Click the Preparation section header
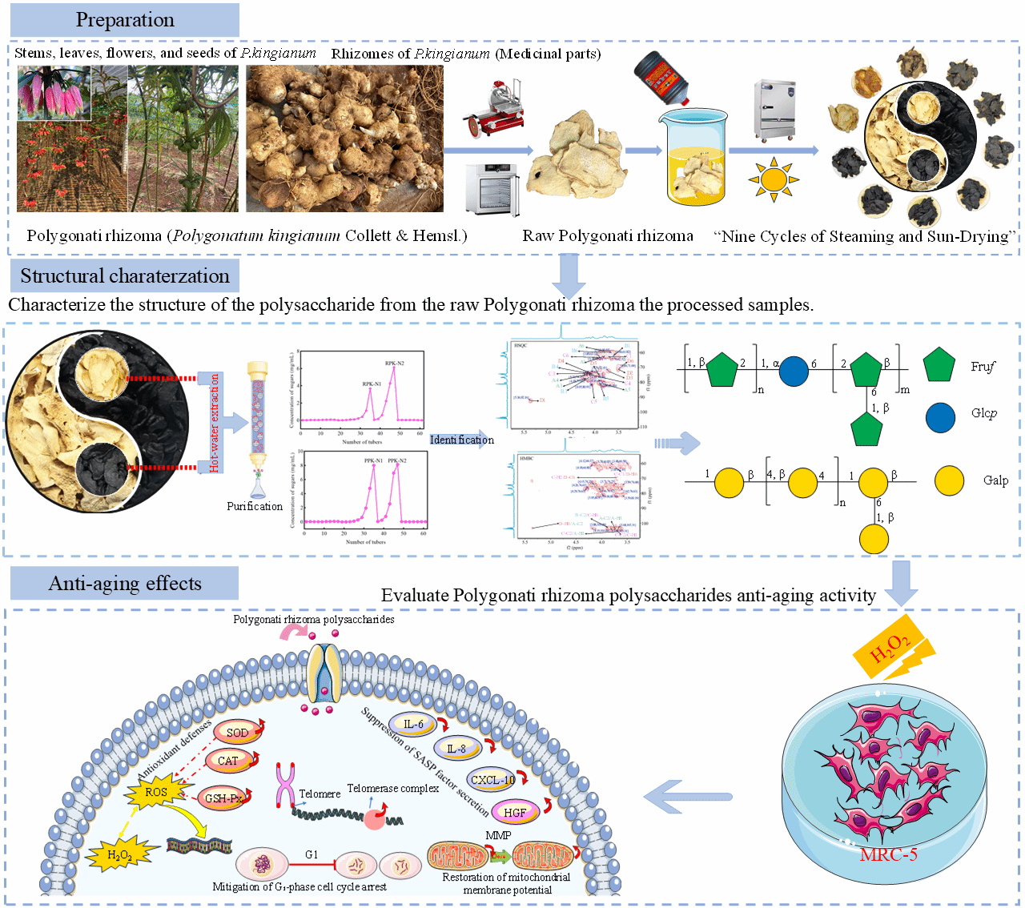(x=125, y=20)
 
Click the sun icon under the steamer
(x=774, y=179)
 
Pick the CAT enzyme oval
(x=228, y=761)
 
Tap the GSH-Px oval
(x=223, y=798)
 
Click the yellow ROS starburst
(x=156, y=793)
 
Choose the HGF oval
(x=515, y=812)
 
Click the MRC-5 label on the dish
(x=888, y=854)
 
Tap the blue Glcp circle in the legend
(x=940, y=416)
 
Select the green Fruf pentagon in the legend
(x=939, y=365)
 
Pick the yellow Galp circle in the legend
(x=950, y=480)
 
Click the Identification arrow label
(x=462, y=440)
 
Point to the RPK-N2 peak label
(x=395, y=364)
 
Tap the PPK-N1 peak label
(x=373, y=461)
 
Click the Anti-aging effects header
(x=125, y=584)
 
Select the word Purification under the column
(x=255, y=506)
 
